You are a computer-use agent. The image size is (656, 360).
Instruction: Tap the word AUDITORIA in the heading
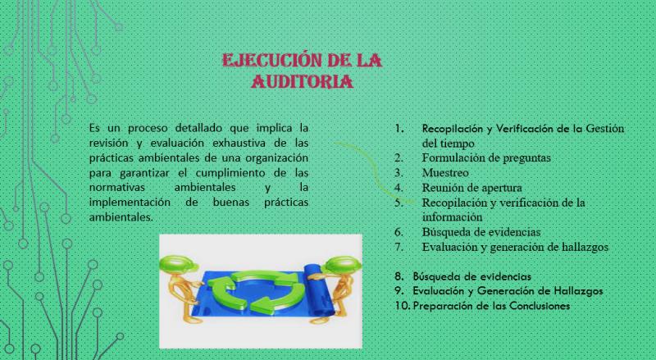(x=302, y=82)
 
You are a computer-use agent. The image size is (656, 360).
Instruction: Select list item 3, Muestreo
(x=445, y=172)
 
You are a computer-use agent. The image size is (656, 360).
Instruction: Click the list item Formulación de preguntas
(x=486, y=157)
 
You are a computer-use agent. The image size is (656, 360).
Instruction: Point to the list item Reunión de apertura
(x=472, y=188)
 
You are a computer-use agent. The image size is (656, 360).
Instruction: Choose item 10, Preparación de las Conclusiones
(x=491, y=306)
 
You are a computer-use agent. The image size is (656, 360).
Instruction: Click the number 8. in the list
(x=399, y=276)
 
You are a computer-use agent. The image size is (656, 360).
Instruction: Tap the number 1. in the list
(x=399, y=129)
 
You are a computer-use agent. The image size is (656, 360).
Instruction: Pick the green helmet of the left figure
(x=179, y=265)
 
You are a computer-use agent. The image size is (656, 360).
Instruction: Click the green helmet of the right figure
(x=341, y=265)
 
